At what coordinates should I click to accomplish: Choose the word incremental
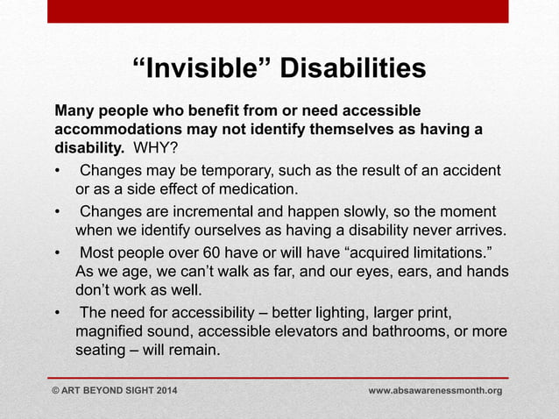click(226, 213)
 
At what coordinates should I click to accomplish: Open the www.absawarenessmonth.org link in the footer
click(435, 389)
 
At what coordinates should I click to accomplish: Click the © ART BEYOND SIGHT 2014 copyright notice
click(114, 389)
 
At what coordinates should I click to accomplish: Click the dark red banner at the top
click(279, 11)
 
